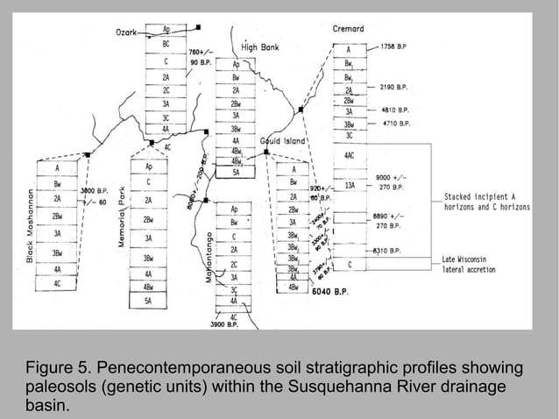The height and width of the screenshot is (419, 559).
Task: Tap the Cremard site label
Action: click(348, 29)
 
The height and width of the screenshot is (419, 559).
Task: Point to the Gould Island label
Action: click(282, 141)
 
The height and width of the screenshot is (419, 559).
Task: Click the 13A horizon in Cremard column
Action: click(350, 186)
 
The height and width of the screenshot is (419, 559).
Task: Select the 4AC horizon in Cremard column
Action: click(350, 155)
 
